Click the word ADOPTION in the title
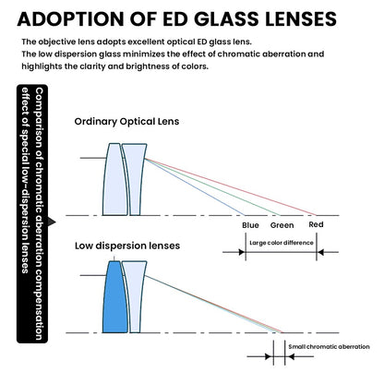click(x=70, y=18)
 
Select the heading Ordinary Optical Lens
click(x=126, y=121)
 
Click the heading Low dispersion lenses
click(x=127, y=246)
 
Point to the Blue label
click(x=250, y=225)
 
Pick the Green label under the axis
click(x=282, y=225)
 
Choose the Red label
click(x=316, y=224)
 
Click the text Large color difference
click(x=282, y=243)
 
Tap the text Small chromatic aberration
click(x=329, y=347)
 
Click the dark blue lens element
click(x=114, y=297)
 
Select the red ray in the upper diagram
click(x=231, y=186)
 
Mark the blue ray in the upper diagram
click(x=195, y=186)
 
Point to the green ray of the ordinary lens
click(x=212, y=186)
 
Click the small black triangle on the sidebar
click(x=52, y=222)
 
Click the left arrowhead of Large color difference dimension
click(x=242, y=252)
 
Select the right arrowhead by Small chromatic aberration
click(x=289, y=357)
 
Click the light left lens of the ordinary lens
click(x=114, y=179)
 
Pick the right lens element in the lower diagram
click(x=135, y=297)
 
